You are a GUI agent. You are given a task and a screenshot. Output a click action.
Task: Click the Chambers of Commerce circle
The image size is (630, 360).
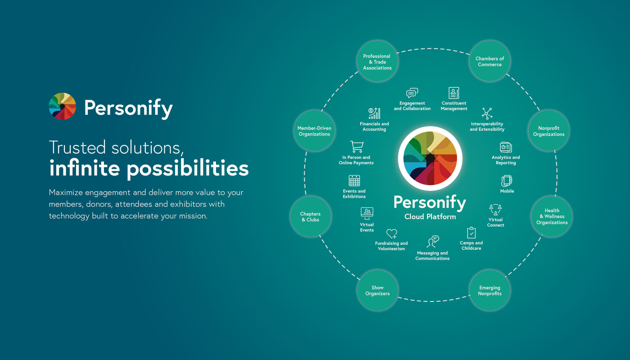(490, 62)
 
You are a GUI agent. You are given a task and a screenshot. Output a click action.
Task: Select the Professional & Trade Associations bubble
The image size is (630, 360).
(377, 62)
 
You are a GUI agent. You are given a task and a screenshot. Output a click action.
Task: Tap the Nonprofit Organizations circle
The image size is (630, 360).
(549, 131)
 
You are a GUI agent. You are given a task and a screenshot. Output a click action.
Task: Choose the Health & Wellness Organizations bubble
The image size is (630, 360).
(552, 216)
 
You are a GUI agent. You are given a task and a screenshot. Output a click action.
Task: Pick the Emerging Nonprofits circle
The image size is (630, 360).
(490, 291)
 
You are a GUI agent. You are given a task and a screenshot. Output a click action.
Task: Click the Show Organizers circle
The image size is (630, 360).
(377, 291)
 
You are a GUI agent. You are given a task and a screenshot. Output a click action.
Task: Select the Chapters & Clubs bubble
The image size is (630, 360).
(310, 217)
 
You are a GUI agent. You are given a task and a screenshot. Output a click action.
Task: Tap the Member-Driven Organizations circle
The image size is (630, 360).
(314, 131)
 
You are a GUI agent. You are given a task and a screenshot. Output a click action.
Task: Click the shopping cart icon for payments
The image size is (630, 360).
(356, 147)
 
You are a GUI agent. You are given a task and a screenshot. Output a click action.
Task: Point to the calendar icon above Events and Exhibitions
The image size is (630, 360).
(354, 181)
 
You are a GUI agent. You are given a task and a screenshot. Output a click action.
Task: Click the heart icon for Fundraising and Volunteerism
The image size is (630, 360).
(391, 234)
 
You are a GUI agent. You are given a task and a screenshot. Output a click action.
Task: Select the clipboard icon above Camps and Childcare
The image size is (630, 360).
(471, 233)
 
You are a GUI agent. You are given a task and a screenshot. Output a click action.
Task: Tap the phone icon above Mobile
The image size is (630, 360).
(507, 181)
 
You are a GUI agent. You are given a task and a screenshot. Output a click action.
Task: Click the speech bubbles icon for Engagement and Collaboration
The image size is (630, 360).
(412, 93)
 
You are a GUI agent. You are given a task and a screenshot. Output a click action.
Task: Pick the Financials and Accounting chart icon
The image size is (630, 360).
(374, 113)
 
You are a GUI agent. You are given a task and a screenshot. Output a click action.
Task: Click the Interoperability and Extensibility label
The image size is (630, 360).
(487, 126)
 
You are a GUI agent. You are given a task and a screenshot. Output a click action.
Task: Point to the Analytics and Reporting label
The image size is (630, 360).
(505, 160)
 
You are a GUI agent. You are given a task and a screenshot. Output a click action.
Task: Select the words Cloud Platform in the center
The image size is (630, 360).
(430, 217)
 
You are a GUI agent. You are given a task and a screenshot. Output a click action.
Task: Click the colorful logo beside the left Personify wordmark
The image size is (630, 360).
(63, 106)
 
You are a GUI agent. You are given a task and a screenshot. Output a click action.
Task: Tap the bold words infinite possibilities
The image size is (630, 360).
(148, 168)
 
